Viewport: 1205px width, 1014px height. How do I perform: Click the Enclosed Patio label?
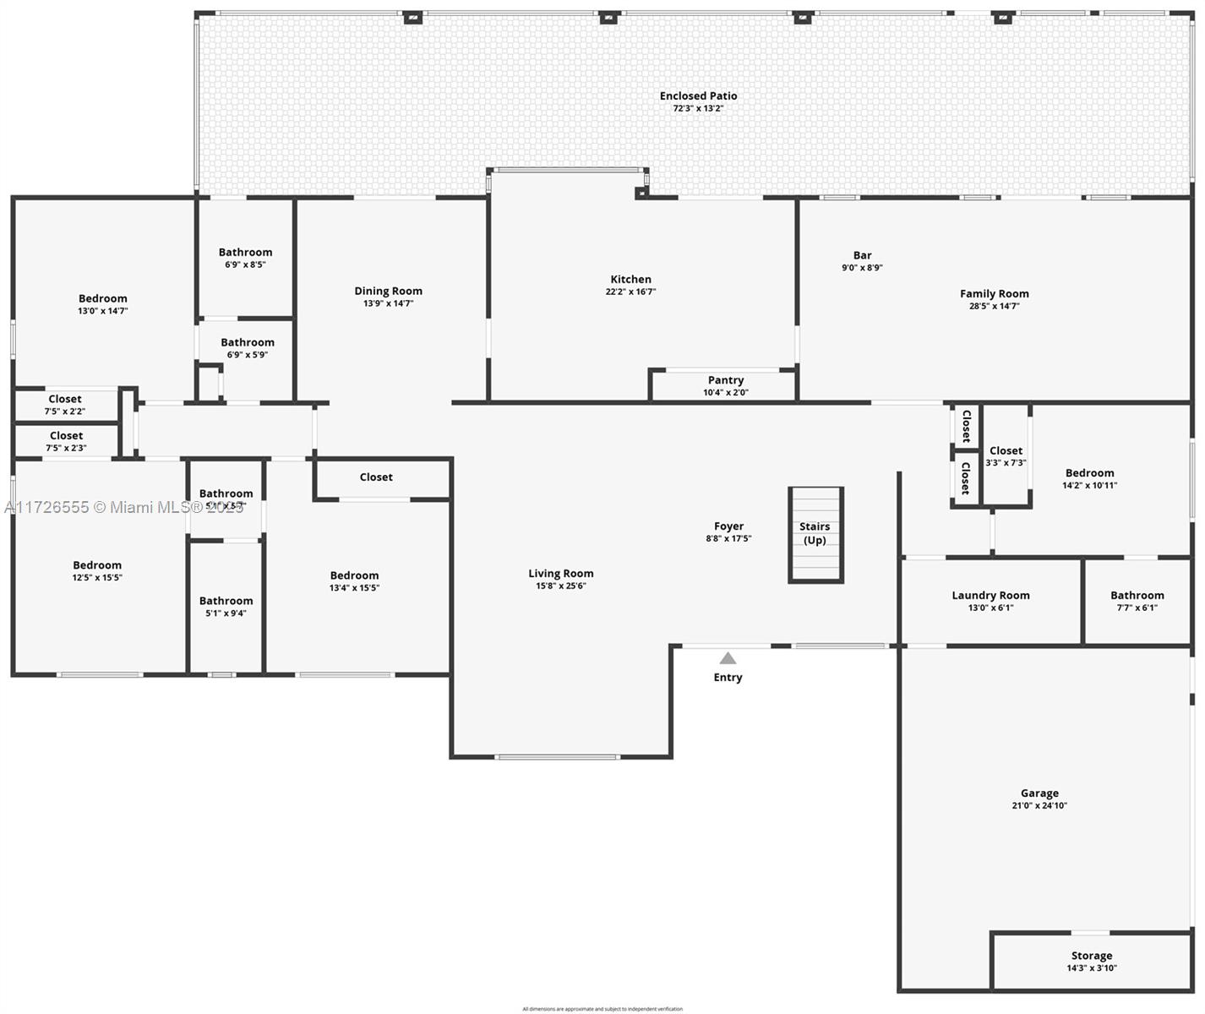click(698, 96)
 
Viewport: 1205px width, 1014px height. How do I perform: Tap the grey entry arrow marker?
click(728, 658)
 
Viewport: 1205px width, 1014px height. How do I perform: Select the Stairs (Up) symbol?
click(815, 535)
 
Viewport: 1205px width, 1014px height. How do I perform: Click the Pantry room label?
click(726, 380)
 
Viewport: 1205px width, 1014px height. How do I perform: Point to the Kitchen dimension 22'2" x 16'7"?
click(630, 292)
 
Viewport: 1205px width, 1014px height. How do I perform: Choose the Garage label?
click(1039, 793)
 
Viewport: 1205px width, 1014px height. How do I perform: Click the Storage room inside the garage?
click(1091, 962)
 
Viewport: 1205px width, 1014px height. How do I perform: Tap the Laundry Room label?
click(990, 596)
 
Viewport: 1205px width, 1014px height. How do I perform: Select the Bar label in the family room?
click(862, 255)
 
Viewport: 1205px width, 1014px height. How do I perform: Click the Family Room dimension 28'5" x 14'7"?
click(995, 307)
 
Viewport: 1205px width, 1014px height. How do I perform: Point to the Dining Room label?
click(388, 292)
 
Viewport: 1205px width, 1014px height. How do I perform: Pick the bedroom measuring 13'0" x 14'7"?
click(103, 304)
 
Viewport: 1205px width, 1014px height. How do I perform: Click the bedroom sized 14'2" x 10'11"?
click(1089, 479)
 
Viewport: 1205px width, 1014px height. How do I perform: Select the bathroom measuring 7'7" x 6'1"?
click(1137, 601)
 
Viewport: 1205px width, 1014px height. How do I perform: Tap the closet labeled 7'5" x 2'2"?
click(65, 405)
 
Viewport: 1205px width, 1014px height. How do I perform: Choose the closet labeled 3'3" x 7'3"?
click(1006, 456)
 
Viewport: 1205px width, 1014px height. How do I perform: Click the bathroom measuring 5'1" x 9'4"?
click(226, 607)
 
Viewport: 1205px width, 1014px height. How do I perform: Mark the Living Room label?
click(561, 574)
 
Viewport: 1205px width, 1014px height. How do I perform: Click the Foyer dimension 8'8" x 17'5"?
click(728, 539)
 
